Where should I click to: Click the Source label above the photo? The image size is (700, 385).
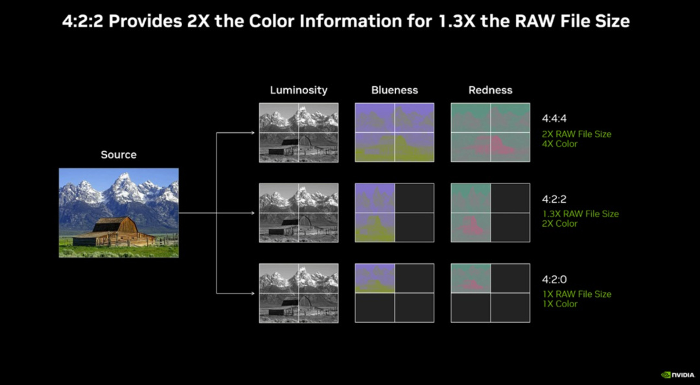(119, 155)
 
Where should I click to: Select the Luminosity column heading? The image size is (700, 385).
(298, 90)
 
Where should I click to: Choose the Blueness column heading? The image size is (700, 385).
(394, 90)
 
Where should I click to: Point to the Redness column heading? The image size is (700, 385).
(490, 90)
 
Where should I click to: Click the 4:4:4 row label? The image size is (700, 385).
(555, 119)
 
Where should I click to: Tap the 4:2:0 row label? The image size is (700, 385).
(555, 279)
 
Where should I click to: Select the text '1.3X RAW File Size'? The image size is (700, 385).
(580, 214)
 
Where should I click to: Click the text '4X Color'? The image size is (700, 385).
(559, 144)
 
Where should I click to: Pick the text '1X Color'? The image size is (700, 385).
(559, 304)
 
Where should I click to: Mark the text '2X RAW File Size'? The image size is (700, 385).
(576, 134)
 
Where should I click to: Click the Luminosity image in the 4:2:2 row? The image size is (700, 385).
(299, 213)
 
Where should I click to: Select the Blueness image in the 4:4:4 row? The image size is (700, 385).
(395, 132)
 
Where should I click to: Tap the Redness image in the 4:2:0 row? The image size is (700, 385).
(490, 293)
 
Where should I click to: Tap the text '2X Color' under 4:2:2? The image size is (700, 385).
(559, 224)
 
